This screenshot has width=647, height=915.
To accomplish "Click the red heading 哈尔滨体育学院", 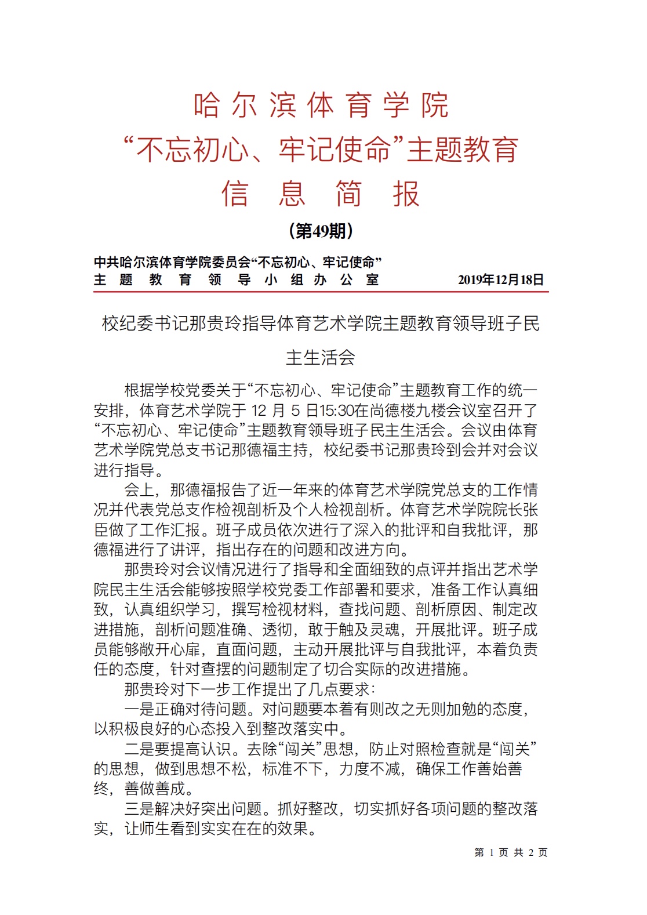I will click(x=321, y=105).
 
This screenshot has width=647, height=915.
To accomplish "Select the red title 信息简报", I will click(x=321, y=194).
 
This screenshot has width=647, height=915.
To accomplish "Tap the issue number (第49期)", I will click(x=321, y=231).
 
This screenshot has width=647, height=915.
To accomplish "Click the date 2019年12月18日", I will click(x=501, y=280).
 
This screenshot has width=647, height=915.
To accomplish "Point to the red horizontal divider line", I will click(x=321, y=292).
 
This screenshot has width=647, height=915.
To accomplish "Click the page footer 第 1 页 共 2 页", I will click(x=511, y=852).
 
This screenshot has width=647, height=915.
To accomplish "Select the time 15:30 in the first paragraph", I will click(x=337, y=411).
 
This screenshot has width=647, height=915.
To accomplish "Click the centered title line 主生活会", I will click(x=321, y=358).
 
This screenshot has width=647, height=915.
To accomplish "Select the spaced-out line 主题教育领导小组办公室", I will click(x=236, y=280).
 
